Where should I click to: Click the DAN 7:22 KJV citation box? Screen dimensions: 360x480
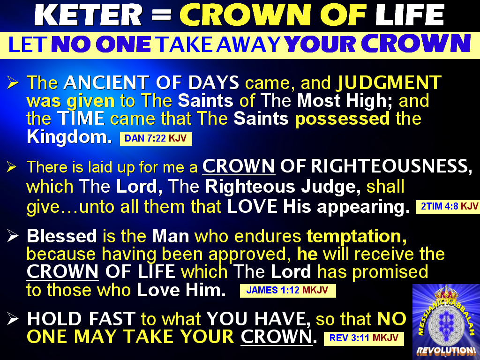pos(156,139)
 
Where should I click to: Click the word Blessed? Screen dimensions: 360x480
pos(61,236)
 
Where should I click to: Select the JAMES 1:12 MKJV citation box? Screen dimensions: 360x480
pos(288,291)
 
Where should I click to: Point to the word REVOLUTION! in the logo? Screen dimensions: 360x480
pos(446,350)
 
